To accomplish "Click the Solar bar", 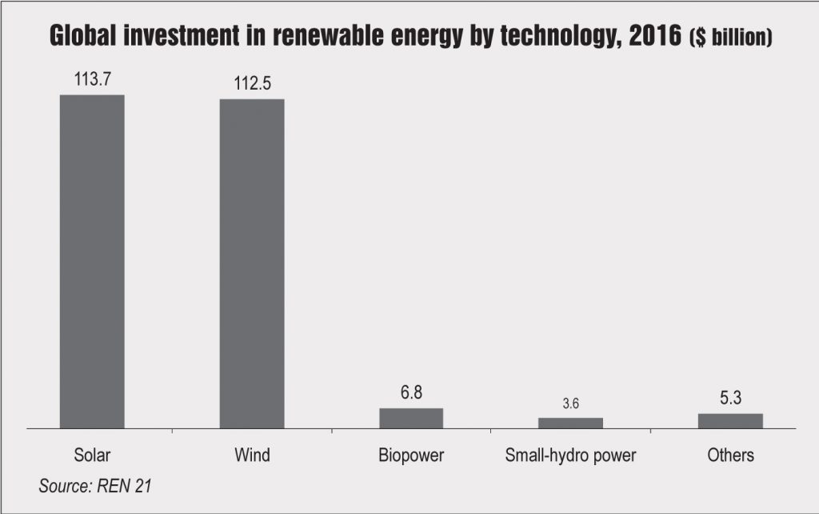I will (x=92, y=262).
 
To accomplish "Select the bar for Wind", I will (x=252, y=264).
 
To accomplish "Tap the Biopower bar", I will (x=411, y=418).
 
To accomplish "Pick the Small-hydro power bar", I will (x=570, y=423).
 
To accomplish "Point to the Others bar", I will (x=730, y=421).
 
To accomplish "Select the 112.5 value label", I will (x=252, y=83).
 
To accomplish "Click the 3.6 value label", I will (x=570, y=404).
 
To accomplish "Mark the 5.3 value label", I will (x=730, y=398).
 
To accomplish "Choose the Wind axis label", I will (x=252, y=456).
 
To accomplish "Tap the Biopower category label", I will (x=411, y=456).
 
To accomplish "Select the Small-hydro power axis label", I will (x=570, y=456).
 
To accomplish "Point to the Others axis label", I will (x=730, y=456).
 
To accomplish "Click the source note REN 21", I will (x=118, y=485).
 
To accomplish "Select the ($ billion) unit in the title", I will (x=729, y=38).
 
